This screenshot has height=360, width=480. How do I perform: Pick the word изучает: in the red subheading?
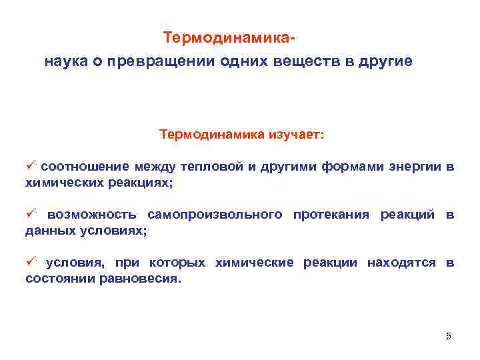297,135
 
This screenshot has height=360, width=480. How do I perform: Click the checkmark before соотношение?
30,165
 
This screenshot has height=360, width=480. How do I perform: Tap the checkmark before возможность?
30,213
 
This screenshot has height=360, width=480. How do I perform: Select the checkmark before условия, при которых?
30,262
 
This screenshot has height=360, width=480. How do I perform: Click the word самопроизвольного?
220,215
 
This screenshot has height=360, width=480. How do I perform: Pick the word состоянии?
59,279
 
